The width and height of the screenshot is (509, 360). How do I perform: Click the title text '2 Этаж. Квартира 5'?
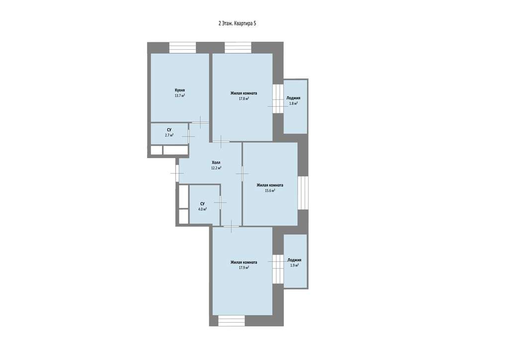[237, 23]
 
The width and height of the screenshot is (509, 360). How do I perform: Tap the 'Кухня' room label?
[180, 90]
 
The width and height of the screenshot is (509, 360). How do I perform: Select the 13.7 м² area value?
[180, 96]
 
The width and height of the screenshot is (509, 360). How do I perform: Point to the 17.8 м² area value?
[244, 98]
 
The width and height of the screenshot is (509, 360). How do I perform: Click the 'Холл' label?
[216, 162]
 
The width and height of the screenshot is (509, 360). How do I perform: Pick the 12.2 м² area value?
[216, 168]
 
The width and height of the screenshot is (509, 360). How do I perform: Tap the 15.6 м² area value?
[270, 191]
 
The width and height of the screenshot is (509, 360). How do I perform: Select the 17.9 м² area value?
[244, 268]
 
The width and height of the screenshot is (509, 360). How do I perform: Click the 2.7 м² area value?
[169, 135]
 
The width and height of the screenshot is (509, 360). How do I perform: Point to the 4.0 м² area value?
[203, 209]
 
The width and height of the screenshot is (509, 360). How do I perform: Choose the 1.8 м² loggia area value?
[293, 103]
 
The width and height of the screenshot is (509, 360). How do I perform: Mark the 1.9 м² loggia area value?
[294, 266]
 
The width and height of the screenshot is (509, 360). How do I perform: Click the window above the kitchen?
[182, 48]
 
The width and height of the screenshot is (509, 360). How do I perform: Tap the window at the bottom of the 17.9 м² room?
[232, 321]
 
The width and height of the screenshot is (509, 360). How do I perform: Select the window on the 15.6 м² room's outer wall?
[303, 192]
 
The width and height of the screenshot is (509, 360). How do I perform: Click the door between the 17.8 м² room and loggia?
[278, 98]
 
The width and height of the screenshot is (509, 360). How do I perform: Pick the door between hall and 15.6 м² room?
[242, 174]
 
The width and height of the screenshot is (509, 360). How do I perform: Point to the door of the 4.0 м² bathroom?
[220, 202]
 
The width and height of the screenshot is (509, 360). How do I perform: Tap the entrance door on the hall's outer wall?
[177, 173]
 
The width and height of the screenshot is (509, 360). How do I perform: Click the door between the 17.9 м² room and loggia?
[278, 269]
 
